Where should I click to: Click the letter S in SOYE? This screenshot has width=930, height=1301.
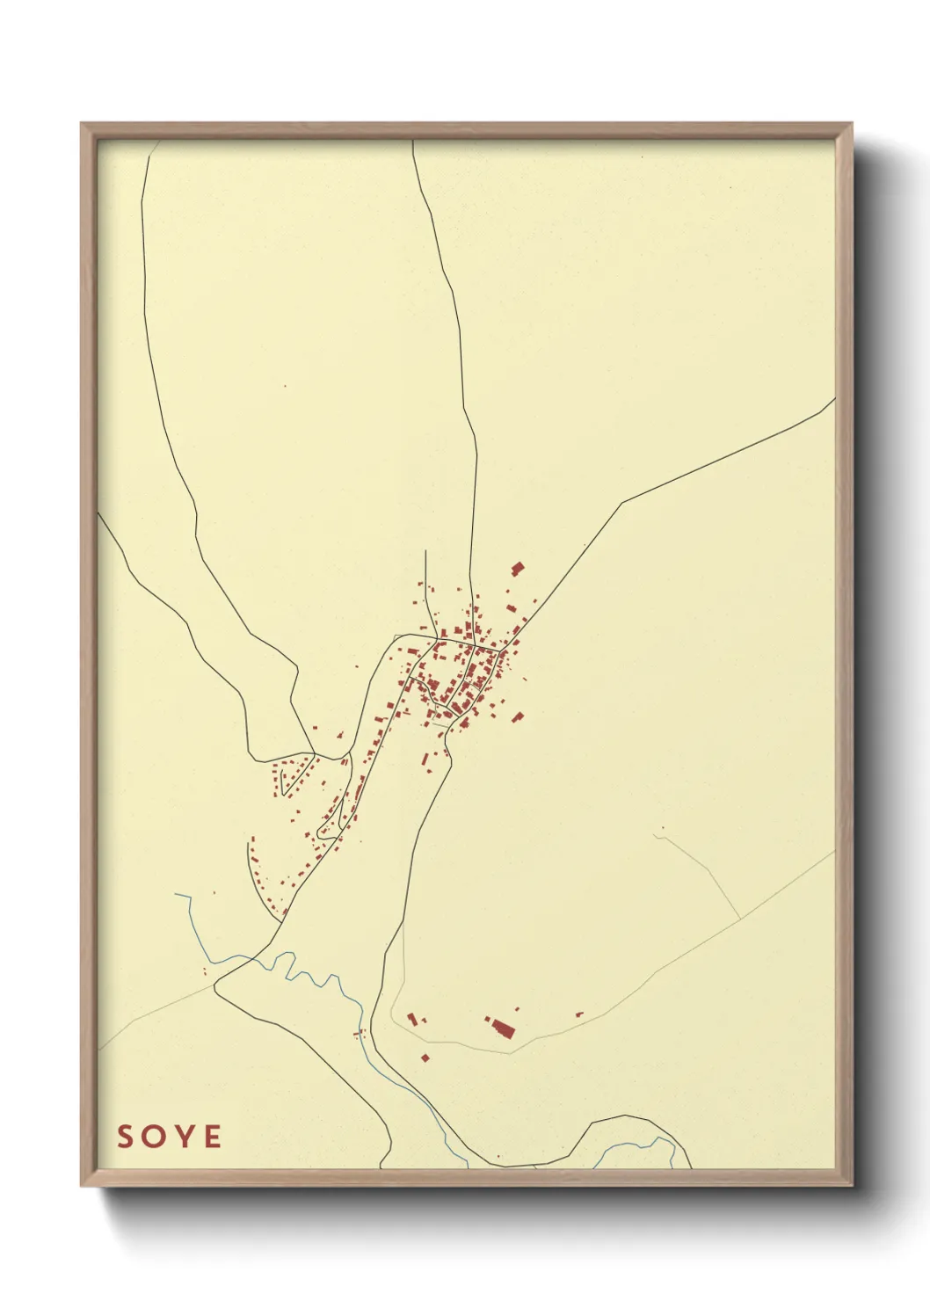[x=126, y=1137]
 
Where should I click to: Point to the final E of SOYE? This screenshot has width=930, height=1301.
[x=212, y=1137]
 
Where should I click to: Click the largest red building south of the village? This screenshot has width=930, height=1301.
[x=503, y=1028]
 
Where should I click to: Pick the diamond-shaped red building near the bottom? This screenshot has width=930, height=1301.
[x=425, y=1058]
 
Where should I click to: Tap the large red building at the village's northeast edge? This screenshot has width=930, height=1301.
[x=517, y=569]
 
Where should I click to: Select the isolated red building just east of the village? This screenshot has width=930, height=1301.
[x=517, y=717]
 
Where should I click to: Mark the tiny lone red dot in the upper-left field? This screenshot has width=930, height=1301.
[x=285, y=385]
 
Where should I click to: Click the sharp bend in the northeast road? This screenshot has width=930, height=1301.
[x=622, y=504]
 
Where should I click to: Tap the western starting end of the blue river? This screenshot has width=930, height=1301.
[x=177, y=895]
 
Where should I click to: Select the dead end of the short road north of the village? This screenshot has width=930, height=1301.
[x=425, y=552]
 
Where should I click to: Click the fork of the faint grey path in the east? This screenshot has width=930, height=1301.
[x=740, y=919]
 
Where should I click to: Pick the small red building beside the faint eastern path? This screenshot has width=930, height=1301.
[x=578, y=1014]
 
